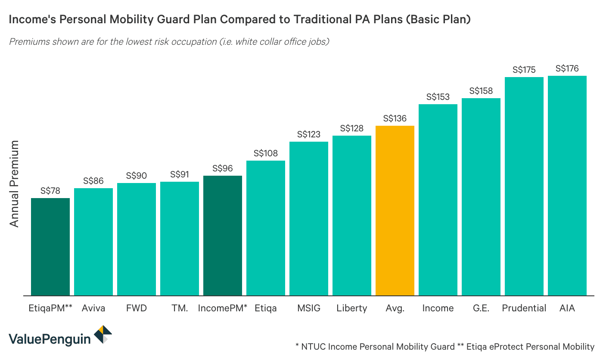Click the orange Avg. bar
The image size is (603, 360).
tap(395, 211)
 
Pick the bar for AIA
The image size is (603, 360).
tap(567, 186)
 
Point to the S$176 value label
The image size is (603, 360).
tap(567, 68)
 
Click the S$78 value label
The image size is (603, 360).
tap(50, 191)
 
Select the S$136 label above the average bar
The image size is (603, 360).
tap(395, 118)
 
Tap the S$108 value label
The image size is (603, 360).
tap(265, 153)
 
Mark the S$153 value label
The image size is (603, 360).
tap(438, 97)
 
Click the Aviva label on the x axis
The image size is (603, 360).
tap(93, 308)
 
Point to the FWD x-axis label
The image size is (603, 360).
tap(136, 308)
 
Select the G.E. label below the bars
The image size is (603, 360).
tap(481, 308)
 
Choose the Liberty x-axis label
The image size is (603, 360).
tap(351, 308)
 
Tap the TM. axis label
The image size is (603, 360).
tap(179, 308)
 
